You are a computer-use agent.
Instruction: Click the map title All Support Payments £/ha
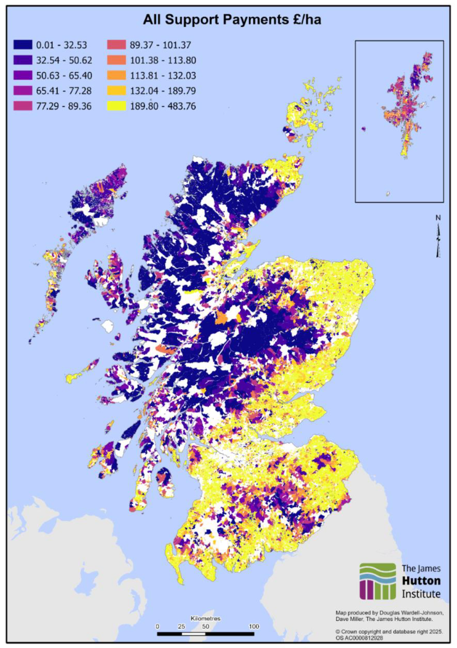click(229, 20)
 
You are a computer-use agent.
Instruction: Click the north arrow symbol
click(438, 237)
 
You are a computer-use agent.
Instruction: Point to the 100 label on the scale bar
click(254, 626)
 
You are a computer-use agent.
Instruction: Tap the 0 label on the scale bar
click(157, 626)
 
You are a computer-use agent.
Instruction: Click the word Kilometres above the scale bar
click(205, 618)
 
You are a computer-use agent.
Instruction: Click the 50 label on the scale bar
click(205, 626)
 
